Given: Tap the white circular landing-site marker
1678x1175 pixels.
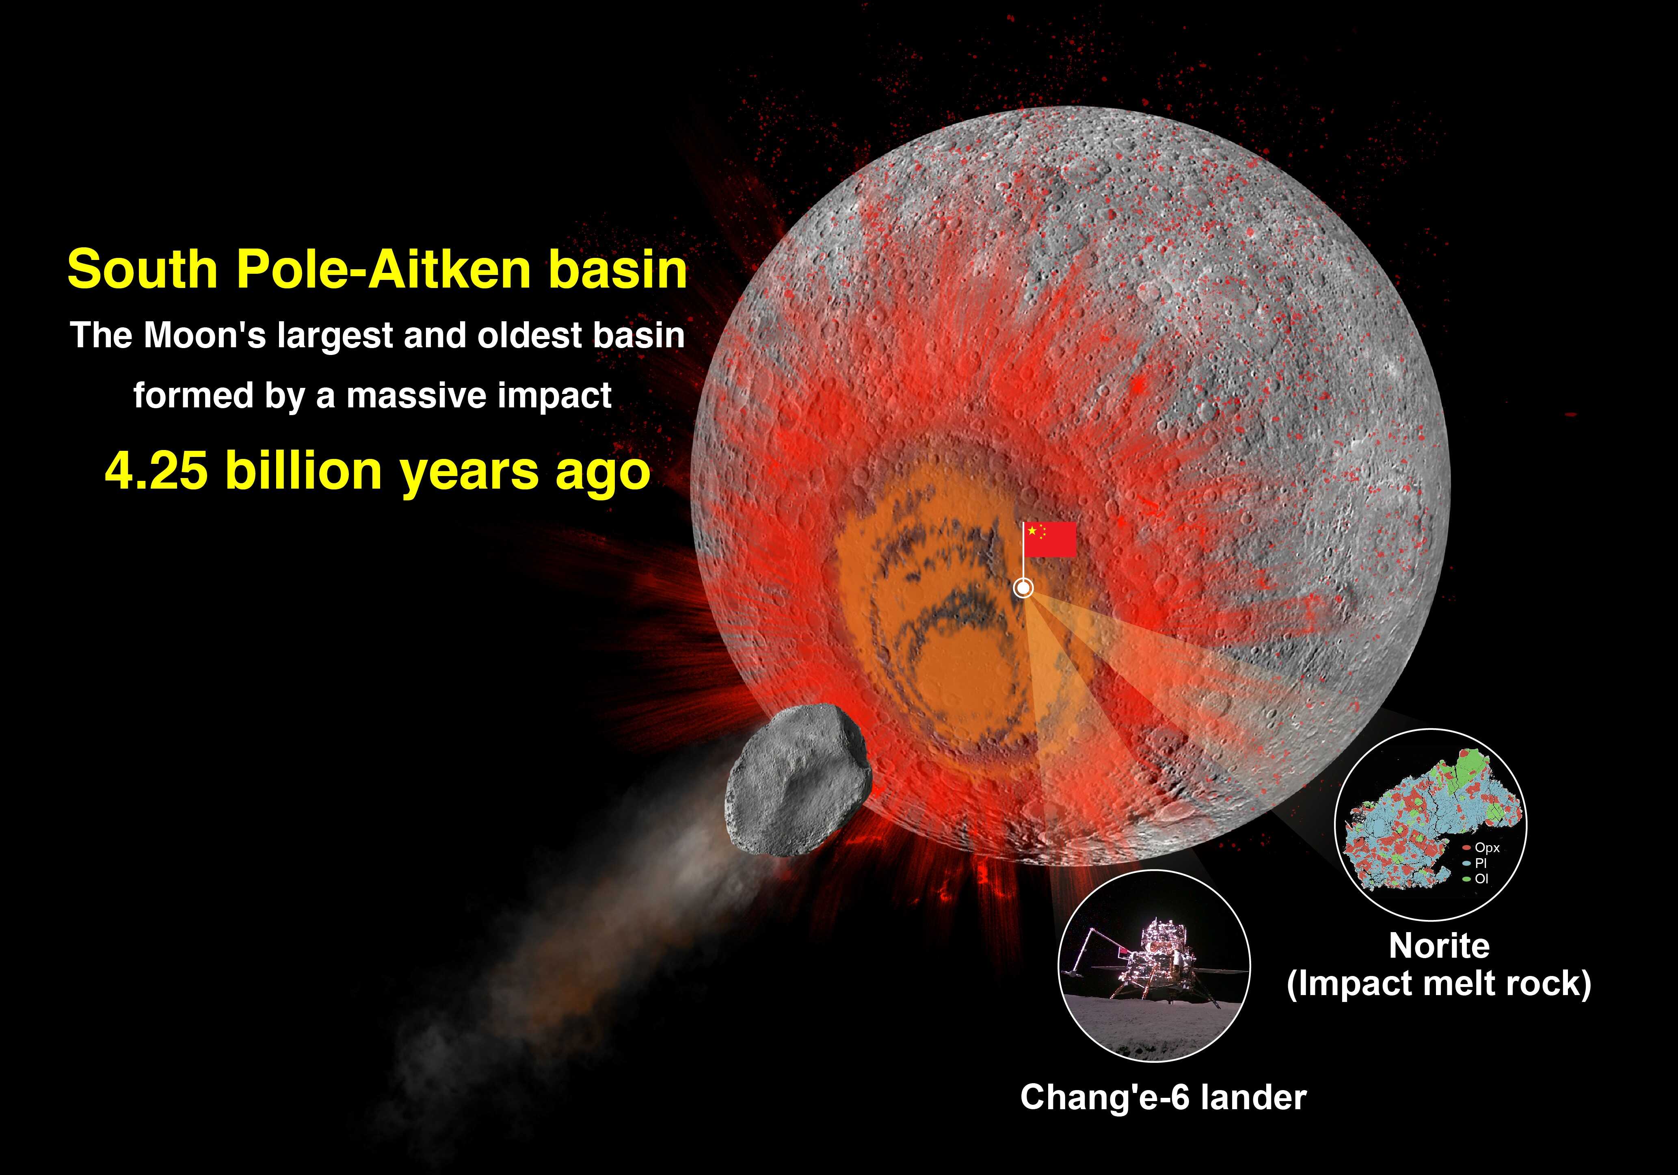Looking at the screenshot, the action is (x=1024, y=587).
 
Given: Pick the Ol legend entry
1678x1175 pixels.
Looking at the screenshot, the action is (x=1475, y=879).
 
